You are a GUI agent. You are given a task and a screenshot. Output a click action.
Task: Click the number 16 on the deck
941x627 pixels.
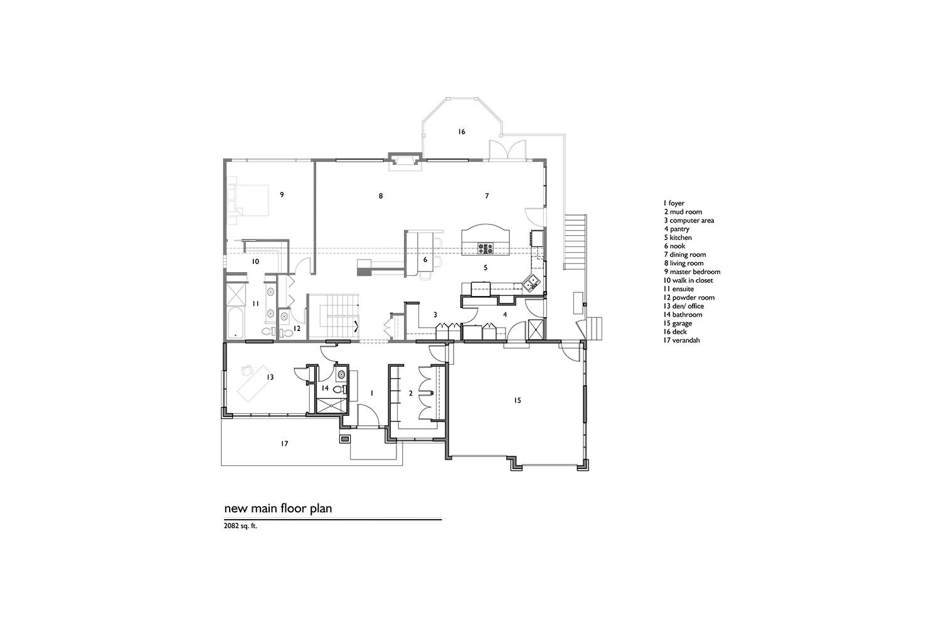point(462,132)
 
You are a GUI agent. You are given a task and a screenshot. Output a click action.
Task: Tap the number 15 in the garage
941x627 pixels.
point(518,401)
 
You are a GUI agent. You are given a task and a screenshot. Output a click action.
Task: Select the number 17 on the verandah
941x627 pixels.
point(284,444)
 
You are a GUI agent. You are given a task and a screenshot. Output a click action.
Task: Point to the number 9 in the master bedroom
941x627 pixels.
point(282,194)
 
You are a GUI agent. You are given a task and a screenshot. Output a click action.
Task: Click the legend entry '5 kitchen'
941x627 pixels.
point(678,238)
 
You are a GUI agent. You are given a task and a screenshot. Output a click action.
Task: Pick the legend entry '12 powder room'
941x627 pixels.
point(689,298)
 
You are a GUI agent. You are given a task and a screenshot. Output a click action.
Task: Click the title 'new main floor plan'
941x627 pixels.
point(278,508)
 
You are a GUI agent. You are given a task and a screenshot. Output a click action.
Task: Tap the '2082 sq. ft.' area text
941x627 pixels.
point(240,526)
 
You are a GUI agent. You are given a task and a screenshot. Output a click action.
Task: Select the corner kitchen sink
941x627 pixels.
point(530,283)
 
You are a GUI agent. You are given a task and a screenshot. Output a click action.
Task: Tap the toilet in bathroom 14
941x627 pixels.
point(339,389)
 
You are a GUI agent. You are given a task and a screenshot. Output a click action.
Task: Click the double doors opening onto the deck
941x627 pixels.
point(508,150)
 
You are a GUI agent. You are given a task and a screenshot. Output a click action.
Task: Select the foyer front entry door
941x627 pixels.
point(368,416)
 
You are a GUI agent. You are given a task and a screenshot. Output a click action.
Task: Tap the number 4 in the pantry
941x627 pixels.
point(505,315)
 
